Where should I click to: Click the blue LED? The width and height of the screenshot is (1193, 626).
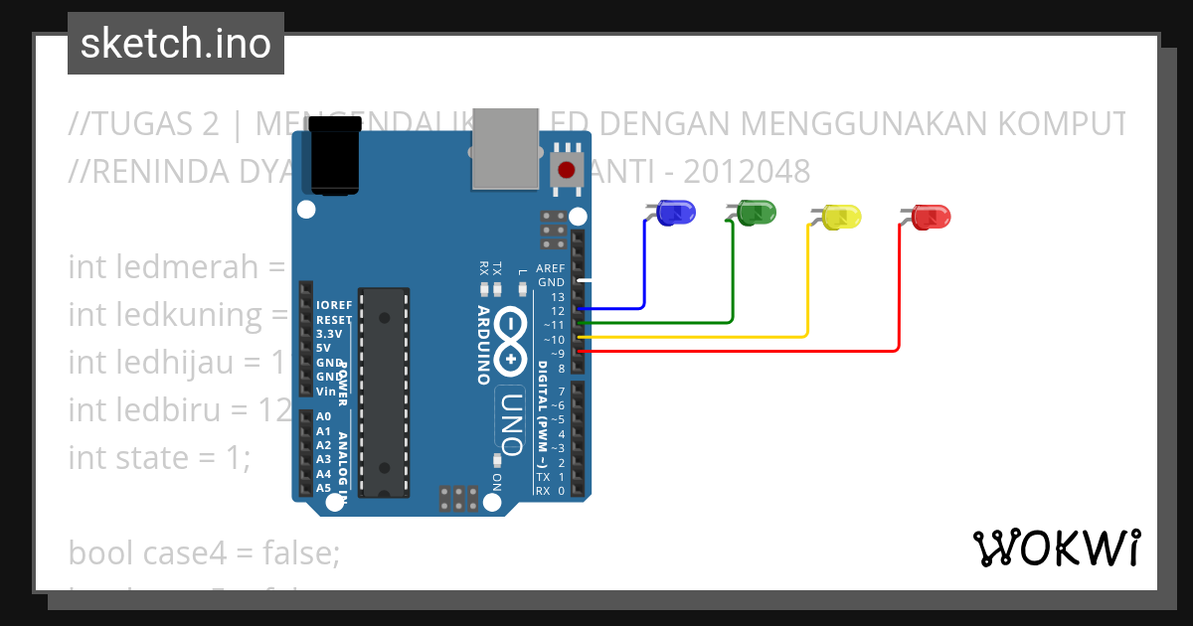677,213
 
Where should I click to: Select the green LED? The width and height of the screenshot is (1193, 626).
758,212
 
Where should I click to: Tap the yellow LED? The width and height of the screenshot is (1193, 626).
841,218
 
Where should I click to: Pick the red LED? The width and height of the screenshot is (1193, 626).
932,217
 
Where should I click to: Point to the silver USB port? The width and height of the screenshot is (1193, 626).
505,149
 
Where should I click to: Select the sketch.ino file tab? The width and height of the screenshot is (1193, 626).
176,44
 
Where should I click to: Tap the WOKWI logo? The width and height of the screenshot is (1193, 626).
1056,548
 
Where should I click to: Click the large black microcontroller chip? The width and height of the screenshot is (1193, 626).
384,392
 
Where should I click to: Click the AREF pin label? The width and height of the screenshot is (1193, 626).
550,268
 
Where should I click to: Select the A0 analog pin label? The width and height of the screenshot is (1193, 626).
323,416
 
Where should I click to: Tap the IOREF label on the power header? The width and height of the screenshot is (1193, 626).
333,305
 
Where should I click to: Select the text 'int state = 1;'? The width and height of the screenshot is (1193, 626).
160,458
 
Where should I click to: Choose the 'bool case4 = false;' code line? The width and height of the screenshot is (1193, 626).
204,553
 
